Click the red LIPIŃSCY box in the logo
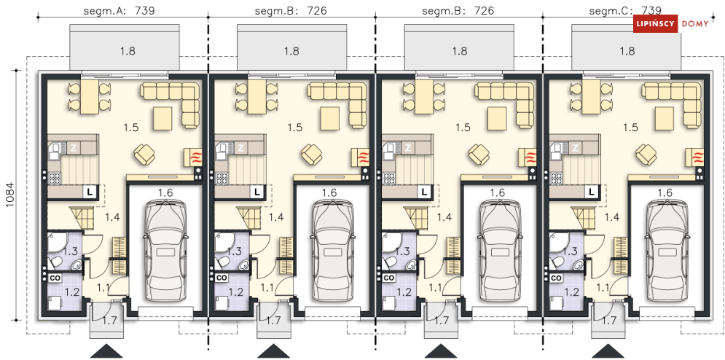coord(655,23)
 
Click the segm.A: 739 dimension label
coord(119,11)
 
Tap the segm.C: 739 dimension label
coord(626,11)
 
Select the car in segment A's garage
coord(166,251)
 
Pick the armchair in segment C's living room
coord(648,154)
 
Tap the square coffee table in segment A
coord(163,118)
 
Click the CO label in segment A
coord(55,278)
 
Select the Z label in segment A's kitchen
coord(73,149)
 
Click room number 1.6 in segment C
coord(665,193)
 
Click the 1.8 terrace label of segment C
coord(627,51)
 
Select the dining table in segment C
coord(590,97)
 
